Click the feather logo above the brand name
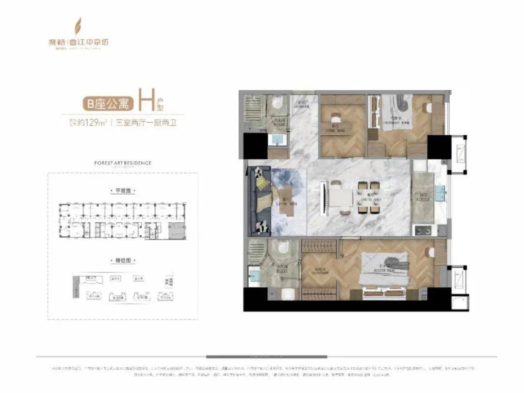click(77, 26)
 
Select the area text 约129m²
click(93, 122)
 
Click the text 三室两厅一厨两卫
click(145, 122)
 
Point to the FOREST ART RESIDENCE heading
click(122, 163)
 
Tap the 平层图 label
click(122, 191)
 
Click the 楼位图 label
click(122, 261)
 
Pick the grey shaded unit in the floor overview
click(177, 231)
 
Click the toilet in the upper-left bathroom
click(277, 103)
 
